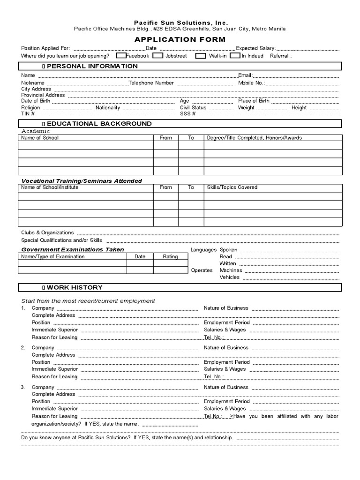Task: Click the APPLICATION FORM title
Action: point(180,39)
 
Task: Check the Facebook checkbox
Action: point(121,56)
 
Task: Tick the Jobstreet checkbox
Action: point(158,56)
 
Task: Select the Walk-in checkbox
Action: point(201,56)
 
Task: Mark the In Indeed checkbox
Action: point(237,56)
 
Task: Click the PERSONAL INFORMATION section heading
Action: point(92,66)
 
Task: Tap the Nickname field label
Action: point(33,83)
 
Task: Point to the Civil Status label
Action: point(193,107)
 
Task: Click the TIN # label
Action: point(28,113)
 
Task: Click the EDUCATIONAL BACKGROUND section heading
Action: point(99,124)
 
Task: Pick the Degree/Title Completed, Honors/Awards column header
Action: point(254,138)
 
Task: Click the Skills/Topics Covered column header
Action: point(232,187)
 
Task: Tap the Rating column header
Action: point(170,256)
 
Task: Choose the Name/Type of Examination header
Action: point(53,256)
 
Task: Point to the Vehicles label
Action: point(229,277)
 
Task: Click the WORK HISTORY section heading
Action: point(74,287)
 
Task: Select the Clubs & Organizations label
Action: point(47,232)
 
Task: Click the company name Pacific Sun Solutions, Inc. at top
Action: point(181,22)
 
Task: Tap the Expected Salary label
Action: point(256,48)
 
